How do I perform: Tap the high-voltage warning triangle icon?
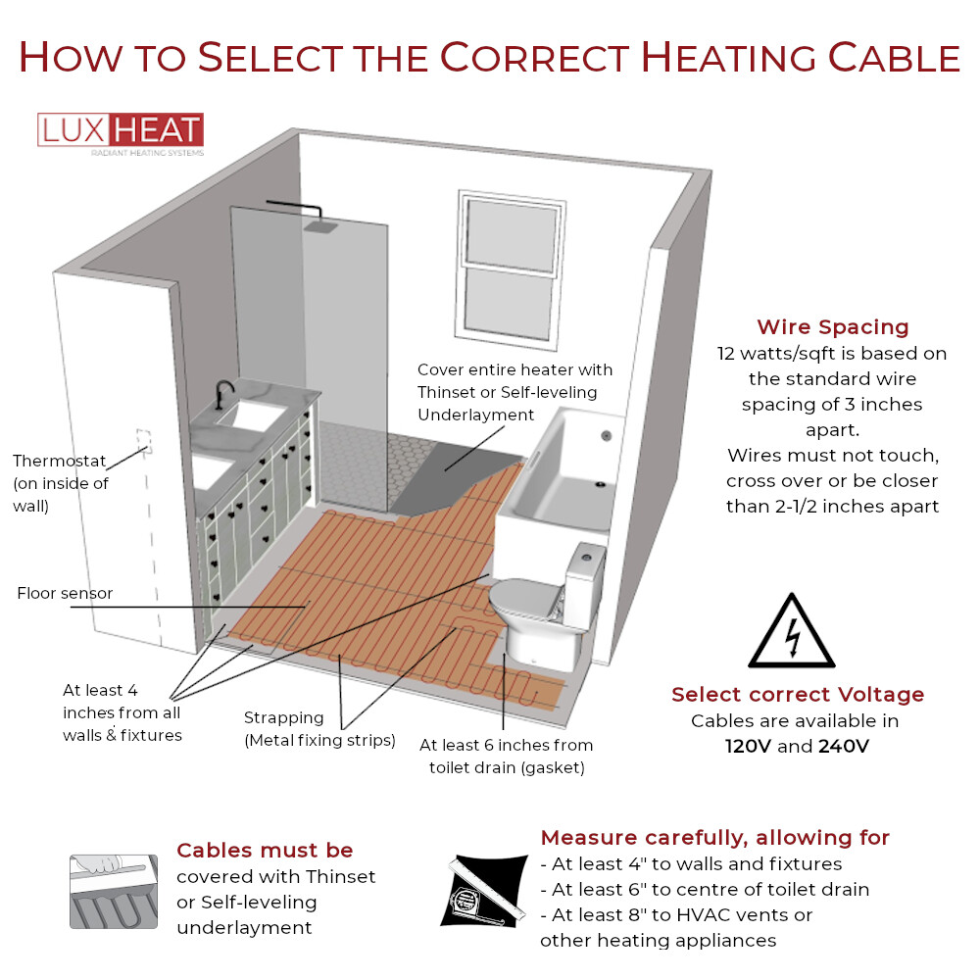click(x=791, y=633)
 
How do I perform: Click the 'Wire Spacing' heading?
click(x=832, y=327)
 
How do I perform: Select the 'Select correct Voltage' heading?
click(x=797, y=695)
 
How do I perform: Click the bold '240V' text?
click(x=843, y=746)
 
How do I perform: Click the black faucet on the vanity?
click(x=224, y=393)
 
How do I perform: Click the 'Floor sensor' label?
click(x=65, y=593)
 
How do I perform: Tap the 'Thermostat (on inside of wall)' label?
click(x=61, y=482)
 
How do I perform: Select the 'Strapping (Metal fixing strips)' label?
click(x=319, y=730)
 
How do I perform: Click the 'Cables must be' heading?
click(x=265, y=850)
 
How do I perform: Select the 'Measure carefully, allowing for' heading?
click(x=714, y=837)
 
